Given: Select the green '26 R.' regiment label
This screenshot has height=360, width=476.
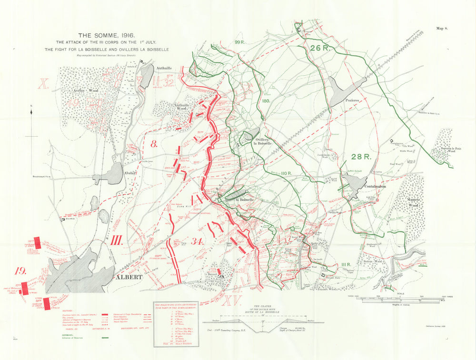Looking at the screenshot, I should click(x=319, y=48).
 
